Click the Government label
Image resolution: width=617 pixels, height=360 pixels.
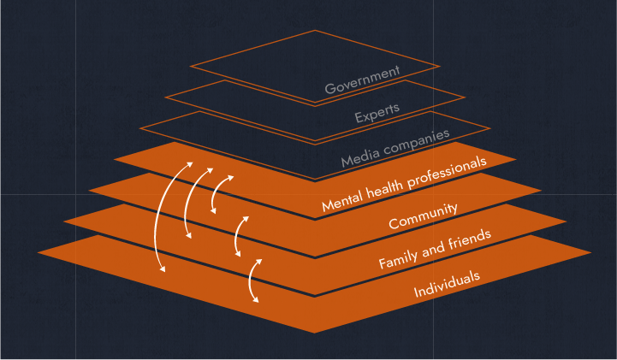coord(362,80)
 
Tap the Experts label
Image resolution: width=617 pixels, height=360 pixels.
coord(377,113)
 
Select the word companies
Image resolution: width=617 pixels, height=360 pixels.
coord(417,141)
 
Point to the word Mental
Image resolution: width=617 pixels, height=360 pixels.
coord(342,200)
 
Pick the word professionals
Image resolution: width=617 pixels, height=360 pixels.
coord(446,171)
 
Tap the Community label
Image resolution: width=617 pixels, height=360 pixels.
coord(423,216)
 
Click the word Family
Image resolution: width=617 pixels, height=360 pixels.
coord(398,258)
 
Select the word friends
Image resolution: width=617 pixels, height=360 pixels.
coord(470,239)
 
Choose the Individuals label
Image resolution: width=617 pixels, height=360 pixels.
coord(447,284)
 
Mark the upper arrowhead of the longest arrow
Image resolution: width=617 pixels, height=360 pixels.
coord(190,164)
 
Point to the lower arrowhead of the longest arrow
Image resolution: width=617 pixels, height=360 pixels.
coord(163,269)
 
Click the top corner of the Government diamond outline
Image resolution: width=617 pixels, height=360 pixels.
coord(315,30)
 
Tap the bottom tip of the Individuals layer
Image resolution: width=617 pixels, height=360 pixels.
coord(314,333)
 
